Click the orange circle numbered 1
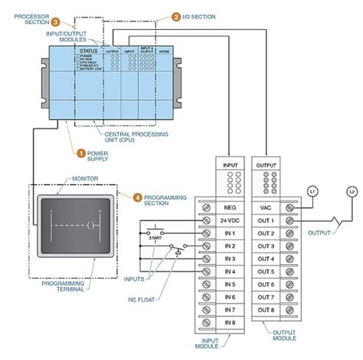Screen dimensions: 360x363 point(79,152)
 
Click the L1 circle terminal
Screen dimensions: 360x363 point(312,189)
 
